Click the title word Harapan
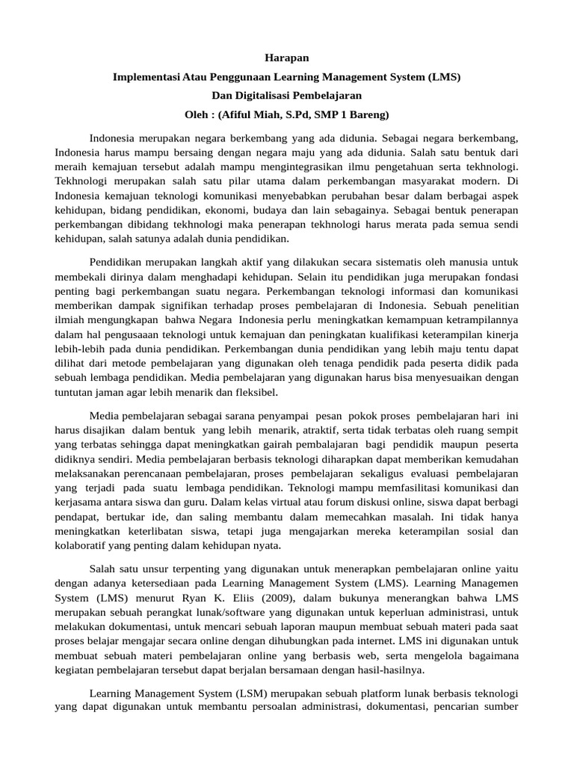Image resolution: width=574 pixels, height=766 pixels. coord(287,58)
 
